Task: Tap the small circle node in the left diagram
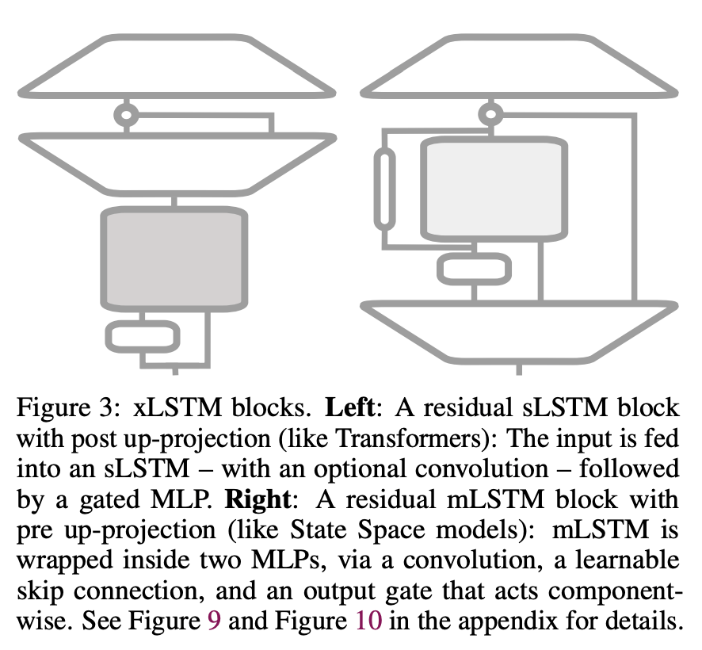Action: click(125, 114)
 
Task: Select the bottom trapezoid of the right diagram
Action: click(520, 330)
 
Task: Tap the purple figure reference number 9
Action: click(212, 620)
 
